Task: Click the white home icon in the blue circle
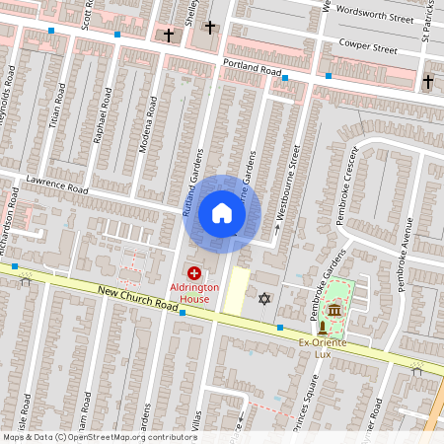(x=222, y=212)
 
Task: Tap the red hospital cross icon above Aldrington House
(x=193, y=272)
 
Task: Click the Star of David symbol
(x=263, y=298)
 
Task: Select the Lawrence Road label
(x=58, y=185)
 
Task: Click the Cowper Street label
(x=366, y=45)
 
